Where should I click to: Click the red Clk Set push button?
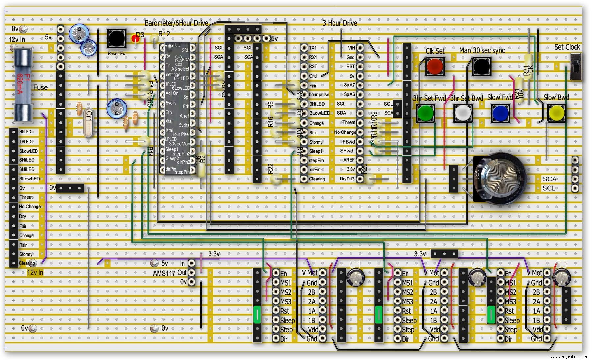coord(435,66)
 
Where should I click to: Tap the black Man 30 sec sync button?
coord(481,66)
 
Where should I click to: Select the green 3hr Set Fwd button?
coord(426,113)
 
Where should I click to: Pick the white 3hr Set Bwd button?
coord(463,113)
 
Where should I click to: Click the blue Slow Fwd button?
coord(500,113)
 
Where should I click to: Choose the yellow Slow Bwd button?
coord(556,113)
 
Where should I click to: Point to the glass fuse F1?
coord(23,85)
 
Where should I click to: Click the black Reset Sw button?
coord(116,38)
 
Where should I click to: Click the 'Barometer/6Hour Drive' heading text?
coord(176,23)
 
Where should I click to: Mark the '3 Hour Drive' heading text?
coord(339,23)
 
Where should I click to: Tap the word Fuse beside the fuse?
coord(40,87)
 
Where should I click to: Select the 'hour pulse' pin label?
coord(319,95)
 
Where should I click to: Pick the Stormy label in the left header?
coord(26,254)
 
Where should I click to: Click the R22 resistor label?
coord(271,169)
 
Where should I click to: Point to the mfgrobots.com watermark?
coord(568,357)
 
